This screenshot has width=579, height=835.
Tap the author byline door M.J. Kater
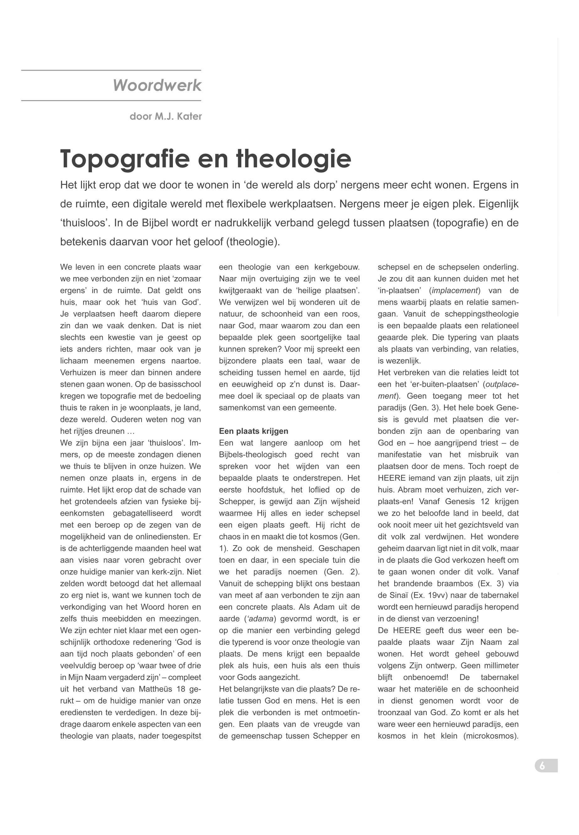(x=165, y=116)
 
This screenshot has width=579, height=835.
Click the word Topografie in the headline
(x=125, y=159)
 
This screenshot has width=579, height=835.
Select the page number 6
(x=542, y=766)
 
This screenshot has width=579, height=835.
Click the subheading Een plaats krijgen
(x=253, y=431)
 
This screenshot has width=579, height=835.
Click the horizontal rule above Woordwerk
(x=111, y=70)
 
